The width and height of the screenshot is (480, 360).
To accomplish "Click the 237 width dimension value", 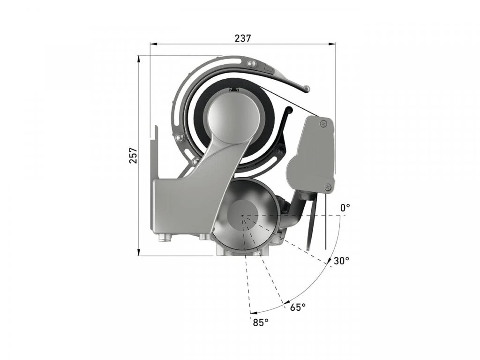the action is (243, 38).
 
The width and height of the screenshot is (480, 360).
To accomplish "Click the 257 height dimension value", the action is (133, 156).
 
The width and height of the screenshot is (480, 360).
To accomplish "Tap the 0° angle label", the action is (345, 208).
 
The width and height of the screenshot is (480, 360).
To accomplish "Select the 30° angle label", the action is (341, 261).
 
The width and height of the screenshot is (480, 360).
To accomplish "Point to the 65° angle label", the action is (298, 307).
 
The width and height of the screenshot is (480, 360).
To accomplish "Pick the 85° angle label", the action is (261, 322).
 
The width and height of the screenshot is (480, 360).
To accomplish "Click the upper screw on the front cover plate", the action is (322, 123).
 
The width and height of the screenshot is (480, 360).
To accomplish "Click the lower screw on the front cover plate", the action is (327, 187).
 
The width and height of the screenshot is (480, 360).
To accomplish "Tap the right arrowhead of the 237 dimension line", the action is (332, 44).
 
